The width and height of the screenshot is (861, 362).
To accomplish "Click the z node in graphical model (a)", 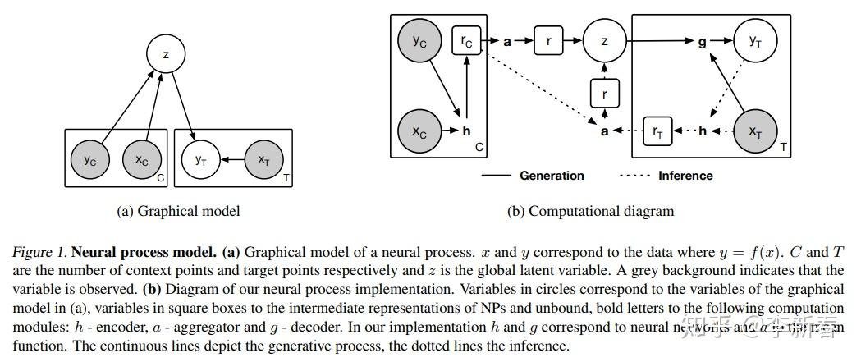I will [x=167, y=55].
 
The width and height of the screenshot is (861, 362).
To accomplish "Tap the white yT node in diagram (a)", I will [x=199, y=161].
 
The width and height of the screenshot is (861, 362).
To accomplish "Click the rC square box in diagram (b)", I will [x=465, y=39].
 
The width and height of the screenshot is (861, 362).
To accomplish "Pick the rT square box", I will [x=657, y=131].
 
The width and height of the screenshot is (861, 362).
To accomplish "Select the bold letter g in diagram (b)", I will [x=702, y=39].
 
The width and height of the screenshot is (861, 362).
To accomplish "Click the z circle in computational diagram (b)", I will [x=604, y=39].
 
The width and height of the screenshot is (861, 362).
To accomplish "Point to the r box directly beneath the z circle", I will [x=604, y=93].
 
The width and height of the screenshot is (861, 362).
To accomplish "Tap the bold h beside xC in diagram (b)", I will [x=466, y=131].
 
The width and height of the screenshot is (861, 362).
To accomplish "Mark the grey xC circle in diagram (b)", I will [x=419, y=130].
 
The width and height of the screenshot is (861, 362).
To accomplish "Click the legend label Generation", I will [x=552, y=175].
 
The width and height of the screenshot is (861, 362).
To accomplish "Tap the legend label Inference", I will [x=685, y=175].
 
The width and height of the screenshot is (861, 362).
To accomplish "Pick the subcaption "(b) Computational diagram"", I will [x=591, y=211].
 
